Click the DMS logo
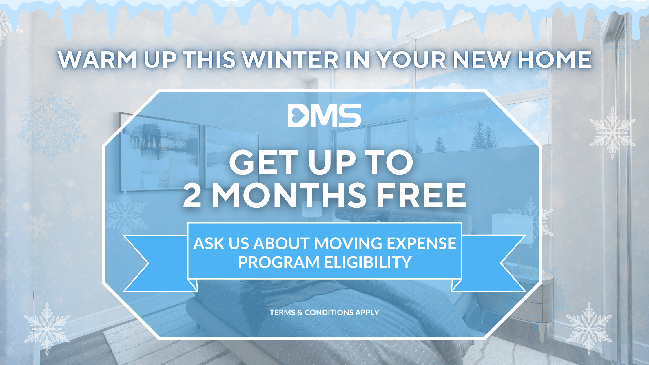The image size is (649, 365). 324,116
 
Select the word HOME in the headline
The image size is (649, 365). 555,60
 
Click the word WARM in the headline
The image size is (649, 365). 97,60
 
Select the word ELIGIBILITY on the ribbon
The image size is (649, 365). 368,262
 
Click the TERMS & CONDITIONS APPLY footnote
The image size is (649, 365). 324,312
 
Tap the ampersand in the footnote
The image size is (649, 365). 300,312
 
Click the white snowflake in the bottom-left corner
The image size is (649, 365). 47,329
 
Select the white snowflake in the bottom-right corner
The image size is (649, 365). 589,329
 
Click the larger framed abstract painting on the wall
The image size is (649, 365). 159,152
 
